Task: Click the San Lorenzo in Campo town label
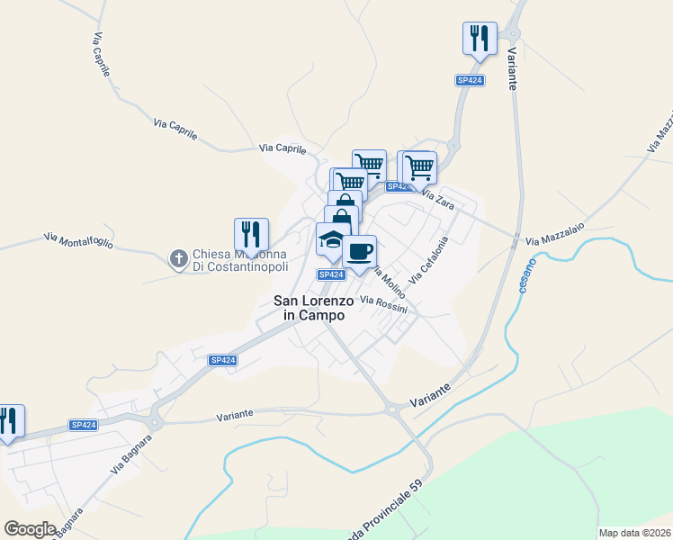coord(314,308)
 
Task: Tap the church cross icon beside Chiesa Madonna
coord(178,259)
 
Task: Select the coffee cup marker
coord(360,253)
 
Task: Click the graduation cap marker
coord(332,241)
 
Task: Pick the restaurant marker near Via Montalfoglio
coord(252,236)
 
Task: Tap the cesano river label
coord(527,274)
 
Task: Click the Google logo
coord(31,529)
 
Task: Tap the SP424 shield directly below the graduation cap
coord(331,274)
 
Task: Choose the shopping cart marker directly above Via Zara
coord(417,168)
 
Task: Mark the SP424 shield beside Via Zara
coord(399,187)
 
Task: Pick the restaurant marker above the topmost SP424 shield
coord(480,40)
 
